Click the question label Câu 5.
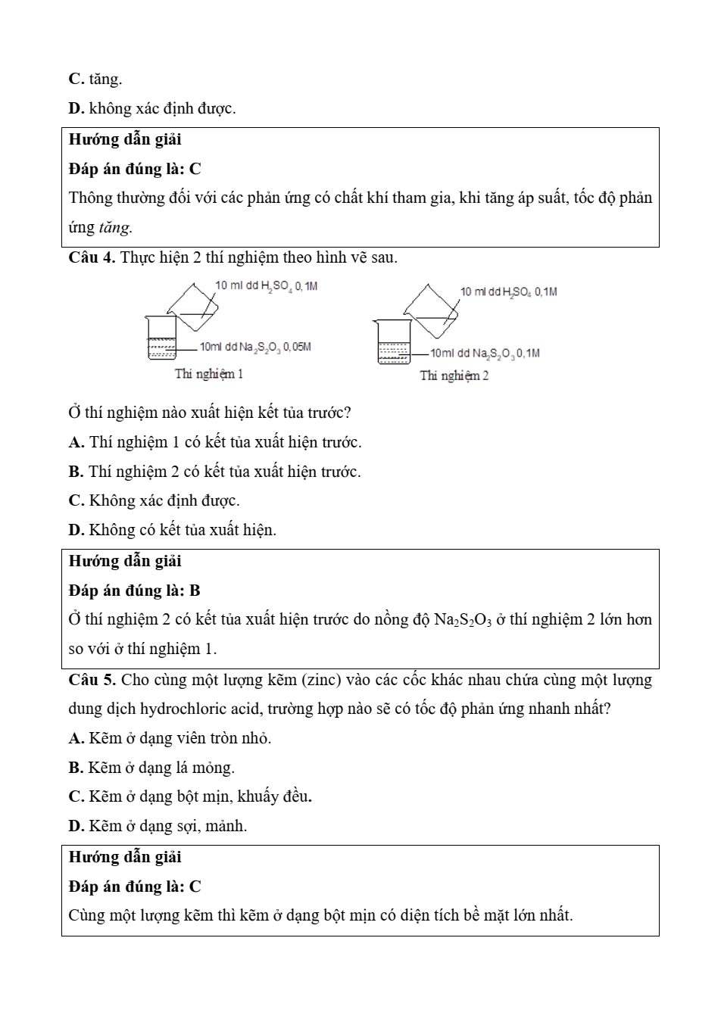92,680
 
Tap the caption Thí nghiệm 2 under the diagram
454,376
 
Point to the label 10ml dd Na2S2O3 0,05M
255,347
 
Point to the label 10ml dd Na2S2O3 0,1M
485,353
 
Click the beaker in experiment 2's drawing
394,342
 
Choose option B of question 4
214,472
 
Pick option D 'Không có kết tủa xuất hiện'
172,530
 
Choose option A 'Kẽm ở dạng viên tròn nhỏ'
170,738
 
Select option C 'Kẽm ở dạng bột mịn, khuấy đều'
190,796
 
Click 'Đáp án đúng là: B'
134,591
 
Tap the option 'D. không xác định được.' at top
152,108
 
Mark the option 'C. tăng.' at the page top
95,79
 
